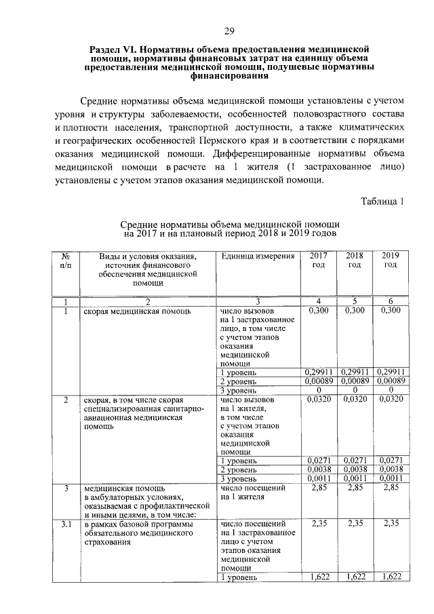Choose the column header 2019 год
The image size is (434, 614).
(x=390, y=260)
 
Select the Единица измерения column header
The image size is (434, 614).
(x=258, y=256)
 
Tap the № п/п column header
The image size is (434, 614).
(x=66, y=260)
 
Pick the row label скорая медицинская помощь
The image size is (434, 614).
(x=136, y=311)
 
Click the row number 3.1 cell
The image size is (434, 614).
(x=66, y=524)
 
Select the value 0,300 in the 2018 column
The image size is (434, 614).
(x=354, y=311)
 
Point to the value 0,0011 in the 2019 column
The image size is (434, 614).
(x=390, y=478)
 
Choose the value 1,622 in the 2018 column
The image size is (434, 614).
(x=354, y=577)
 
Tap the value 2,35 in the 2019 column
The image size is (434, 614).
(x=390, y=524)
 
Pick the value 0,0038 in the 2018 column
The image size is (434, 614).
(x=354, y=469)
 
